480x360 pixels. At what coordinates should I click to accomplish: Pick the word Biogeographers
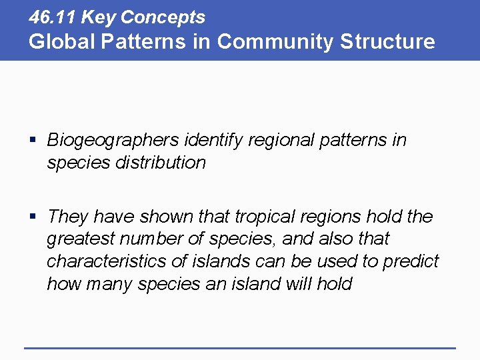click(x=113, y=141)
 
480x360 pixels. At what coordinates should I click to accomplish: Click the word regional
click(x=278, y=141)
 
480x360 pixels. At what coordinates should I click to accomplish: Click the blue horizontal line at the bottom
click(x=240, y=347)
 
